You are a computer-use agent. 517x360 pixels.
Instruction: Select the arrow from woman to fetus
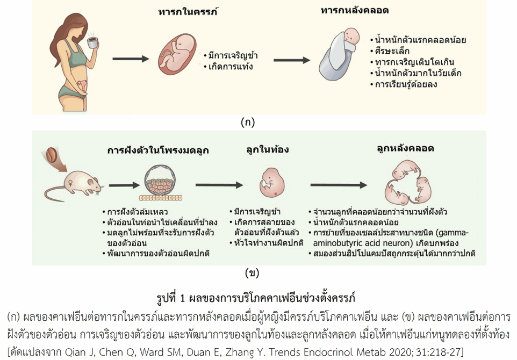[x=130, y=59]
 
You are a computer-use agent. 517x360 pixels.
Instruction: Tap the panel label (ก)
[x=248, y=123]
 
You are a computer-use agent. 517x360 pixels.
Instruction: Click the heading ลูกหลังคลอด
[x=405, y=148]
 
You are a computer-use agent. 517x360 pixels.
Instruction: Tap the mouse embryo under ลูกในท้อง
[x=271, y=183]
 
